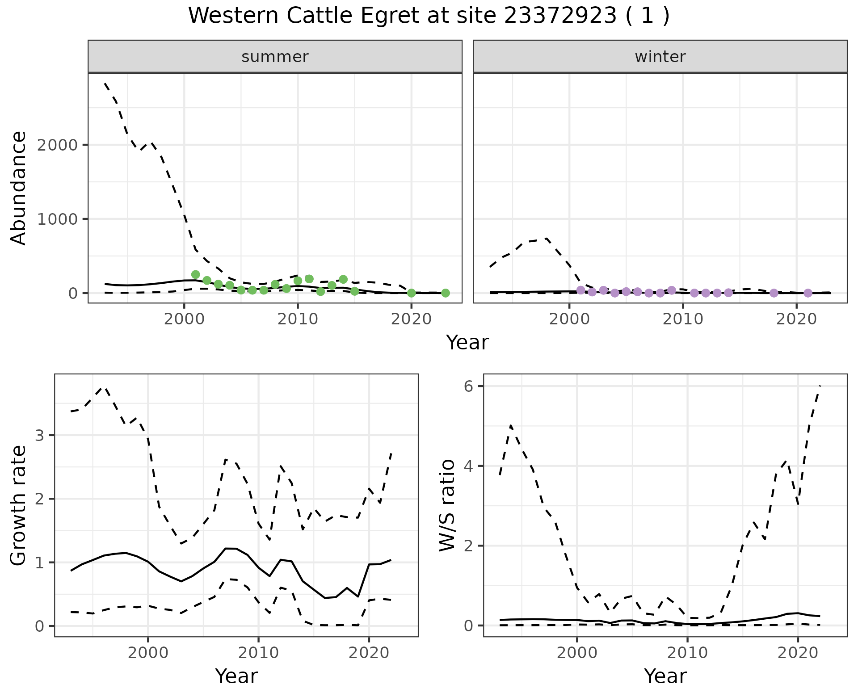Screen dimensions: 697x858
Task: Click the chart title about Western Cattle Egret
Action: pos(429,16)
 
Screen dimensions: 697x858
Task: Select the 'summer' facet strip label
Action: pos(275,57)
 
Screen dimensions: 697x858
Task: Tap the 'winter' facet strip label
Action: pos(660,57)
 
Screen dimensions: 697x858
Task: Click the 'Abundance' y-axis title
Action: pos(19,188)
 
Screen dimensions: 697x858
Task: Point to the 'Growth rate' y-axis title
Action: pos(19,506)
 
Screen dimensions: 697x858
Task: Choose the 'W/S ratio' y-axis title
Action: pos(447,506)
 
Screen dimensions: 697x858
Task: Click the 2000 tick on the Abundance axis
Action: pos(55,145)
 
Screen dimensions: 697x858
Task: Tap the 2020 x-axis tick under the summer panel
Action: pos(412,319)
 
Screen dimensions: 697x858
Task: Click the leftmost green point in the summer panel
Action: pos(195,274)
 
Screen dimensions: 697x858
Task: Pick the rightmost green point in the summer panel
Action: pos(446,293)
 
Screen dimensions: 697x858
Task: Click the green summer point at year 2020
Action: pos(412,293)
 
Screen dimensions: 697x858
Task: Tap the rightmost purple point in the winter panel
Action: pos(808,293)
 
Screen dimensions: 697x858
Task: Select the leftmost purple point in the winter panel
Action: pos(581,290)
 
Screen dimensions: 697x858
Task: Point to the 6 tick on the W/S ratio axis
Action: pos(469,386)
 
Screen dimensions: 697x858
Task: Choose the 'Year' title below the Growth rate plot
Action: pos(236,676)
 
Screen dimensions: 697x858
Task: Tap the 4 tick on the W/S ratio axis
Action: pos(469,466)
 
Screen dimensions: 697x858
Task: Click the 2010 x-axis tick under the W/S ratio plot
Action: pos(687,653)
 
